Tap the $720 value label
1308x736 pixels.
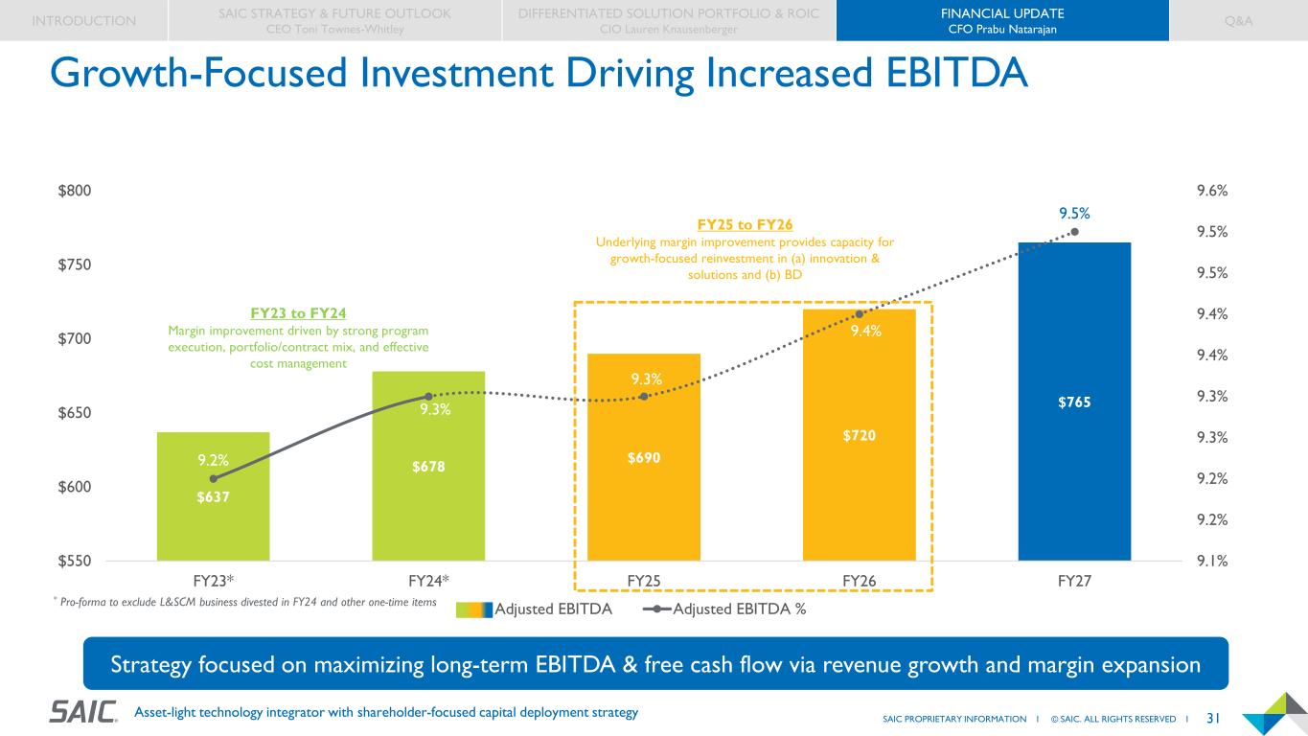point(859,436)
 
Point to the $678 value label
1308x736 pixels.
point(428,467)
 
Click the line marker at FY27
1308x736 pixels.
point(1074,231)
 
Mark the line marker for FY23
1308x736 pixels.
point(213,478)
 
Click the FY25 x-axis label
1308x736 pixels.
point(643,581)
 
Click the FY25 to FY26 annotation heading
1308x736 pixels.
point(745,225)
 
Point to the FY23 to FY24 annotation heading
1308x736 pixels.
point(298,313)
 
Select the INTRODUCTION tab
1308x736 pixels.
point(83,20)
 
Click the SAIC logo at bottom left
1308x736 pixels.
point(83,712)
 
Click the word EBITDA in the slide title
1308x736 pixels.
point(935,75)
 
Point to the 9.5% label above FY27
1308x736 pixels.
point(1074,212)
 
